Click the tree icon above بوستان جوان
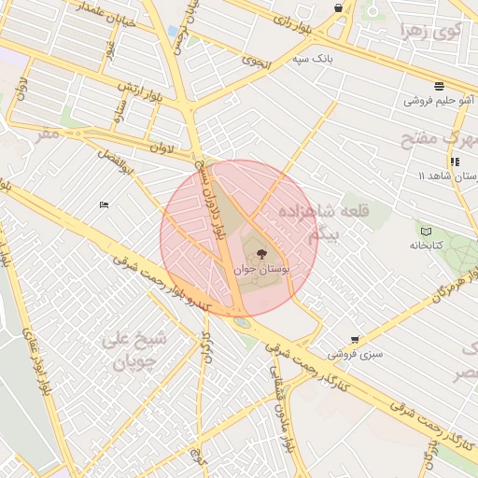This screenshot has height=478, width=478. [260, 252]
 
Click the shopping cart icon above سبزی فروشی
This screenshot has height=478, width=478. [354, 340]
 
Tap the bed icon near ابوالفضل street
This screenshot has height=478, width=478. [104, 204]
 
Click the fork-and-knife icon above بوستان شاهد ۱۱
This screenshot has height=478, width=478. [454, 161]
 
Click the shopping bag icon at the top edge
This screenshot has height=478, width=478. [338, 8]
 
